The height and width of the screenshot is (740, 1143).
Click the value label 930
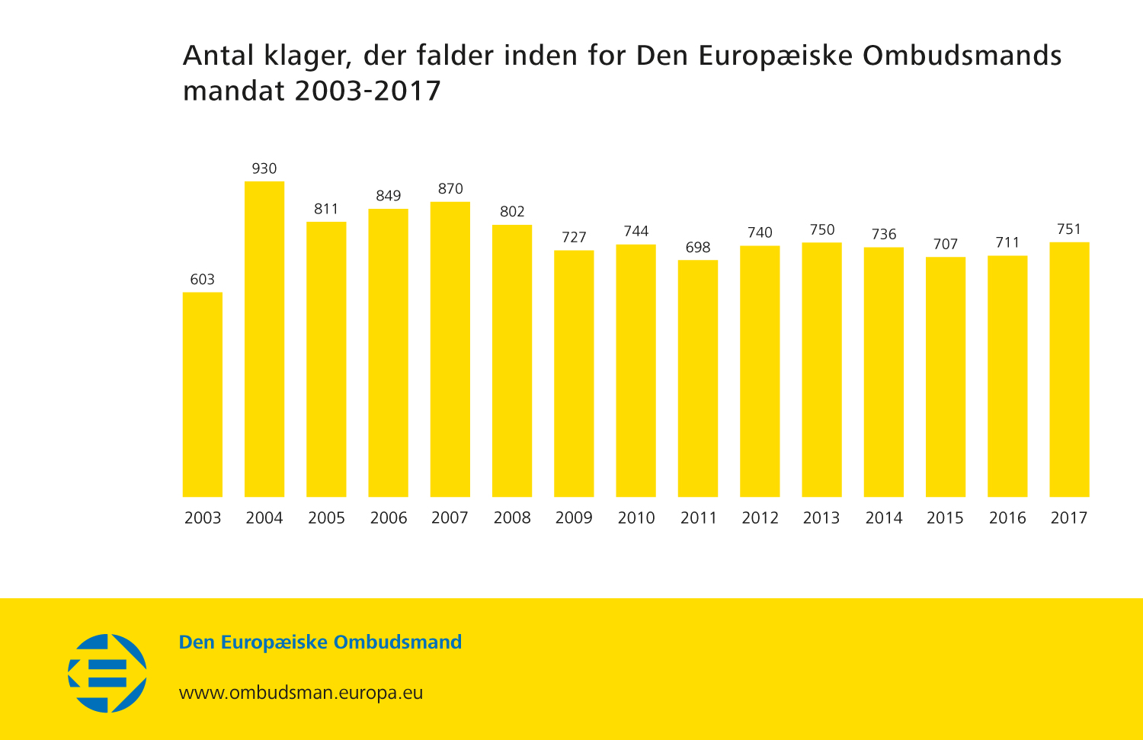[x=264, y=168]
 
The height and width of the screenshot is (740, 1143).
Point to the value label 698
[x=698, y=248]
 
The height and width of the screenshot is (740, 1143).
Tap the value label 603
[x=203, y=280]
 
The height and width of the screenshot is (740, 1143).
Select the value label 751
[x=1069, y=229]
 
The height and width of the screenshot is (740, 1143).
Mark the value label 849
[x=389, y=196]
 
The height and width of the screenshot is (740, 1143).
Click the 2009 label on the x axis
[x=574, y=518]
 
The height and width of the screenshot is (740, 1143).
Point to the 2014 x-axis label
[x=884, y=518]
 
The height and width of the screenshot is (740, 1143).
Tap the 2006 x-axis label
[x=389, y=518]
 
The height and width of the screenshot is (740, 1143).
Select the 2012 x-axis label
[x=760, y=518]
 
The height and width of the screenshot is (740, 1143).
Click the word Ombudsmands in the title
[x=962, y=56]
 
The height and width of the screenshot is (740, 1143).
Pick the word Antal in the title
[x=218, y=56]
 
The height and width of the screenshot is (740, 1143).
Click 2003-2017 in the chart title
[x=368, y=91]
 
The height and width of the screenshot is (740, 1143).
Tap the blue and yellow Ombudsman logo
[x=107, y=674]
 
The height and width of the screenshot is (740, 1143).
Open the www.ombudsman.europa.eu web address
[x=301, y=693]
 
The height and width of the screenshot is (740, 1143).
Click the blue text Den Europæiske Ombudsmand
[x=320, y=642]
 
